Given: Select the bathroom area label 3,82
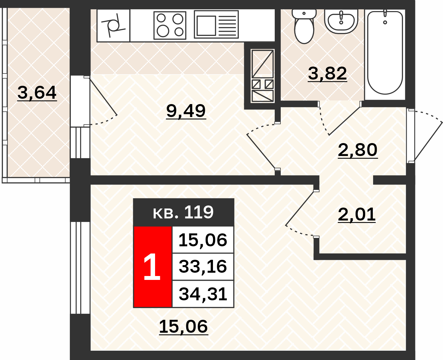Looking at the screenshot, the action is click(x=327, y=73).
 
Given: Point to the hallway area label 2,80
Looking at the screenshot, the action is click(x=358, y=150).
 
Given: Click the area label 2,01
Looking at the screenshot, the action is click(x=357, y=214).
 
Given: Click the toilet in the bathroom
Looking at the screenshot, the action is click(x=304, y=26).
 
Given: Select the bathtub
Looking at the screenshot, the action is click(x=385, y=52).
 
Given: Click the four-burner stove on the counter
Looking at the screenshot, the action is click(x=170, y=25).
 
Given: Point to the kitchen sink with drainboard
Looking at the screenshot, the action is click(x=216, y=25).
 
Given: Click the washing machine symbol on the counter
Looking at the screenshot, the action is click(x=113, y=25).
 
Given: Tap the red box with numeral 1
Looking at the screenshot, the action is click(x=152, y=267).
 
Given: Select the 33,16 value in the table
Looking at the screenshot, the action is click(x=203, y=267).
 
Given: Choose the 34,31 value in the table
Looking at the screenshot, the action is click(x=203, y=294).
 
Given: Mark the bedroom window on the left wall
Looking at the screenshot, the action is click(x=80, y=268).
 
